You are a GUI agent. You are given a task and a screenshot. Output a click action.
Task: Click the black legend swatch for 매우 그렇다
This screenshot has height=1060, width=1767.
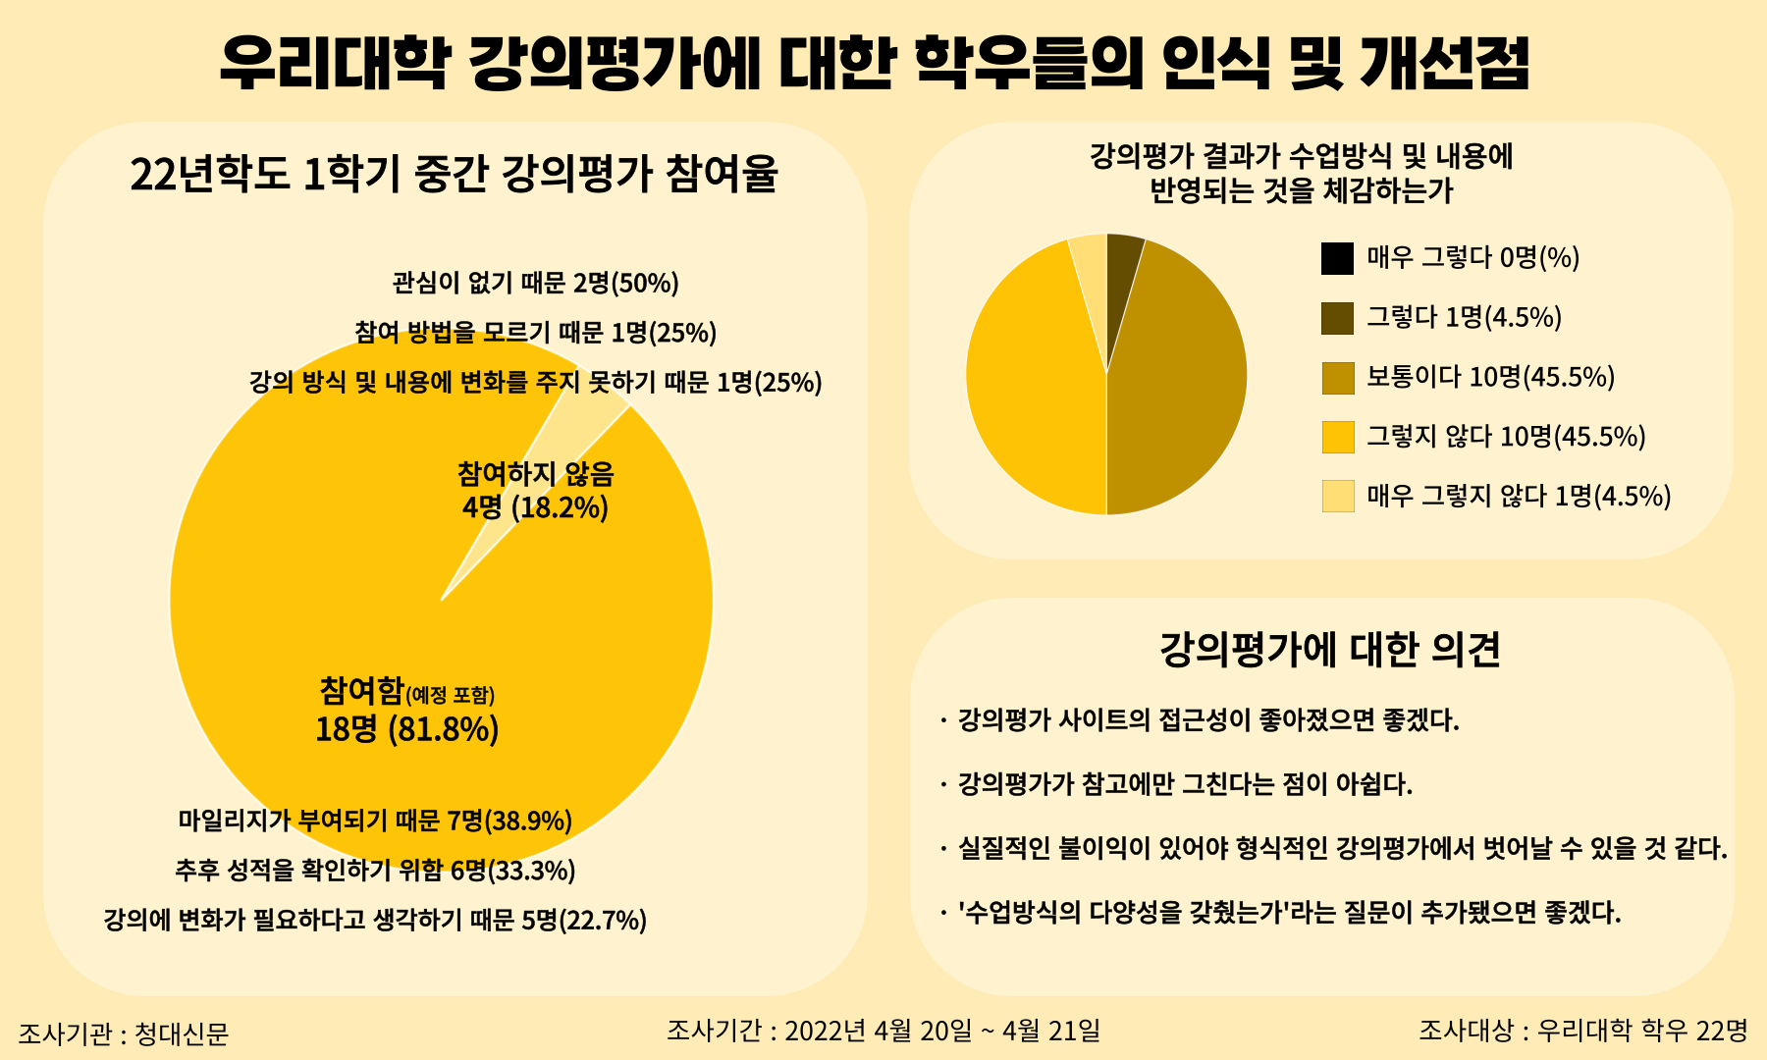coord(1337,259)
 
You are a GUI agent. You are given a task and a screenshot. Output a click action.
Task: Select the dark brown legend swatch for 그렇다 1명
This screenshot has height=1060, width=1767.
coord(1337,318)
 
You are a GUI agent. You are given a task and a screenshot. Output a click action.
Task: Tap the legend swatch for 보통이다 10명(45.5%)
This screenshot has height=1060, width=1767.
coord(1337,378)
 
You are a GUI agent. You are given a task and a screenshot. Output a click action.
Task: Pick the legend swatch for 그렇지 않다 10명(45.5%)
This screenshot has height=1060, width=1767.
coord(1337,437)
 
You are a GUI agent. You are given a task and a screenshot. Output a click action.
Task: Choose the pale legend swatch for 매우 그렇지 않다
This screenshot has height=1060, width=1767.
coord(1337,497)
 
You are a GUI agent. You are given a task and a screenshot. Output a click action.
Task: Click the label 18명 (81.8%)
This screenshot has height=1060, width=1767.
coord(406,730)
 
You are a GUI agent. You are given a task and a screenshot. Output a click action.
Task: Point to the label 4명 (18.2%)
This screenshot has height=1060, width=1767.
coord(535,507)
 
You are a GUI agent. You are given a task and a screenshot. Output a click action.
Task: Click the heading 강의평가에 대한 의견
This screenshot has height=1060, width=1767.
coord(1330,649)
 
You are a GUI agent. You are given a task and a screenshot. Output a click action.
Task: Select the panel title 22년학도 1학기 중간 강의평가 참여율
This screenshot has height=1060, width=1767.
coord(454,175)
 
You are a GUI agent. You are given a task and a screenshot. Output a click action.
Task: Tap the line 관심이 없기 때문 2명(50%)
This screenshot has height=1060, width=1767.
coord(535,284)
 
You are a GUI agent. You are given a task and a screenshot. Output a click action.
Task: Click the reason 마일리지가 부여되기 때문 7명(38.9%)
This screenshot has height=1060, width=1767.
coord(375,821)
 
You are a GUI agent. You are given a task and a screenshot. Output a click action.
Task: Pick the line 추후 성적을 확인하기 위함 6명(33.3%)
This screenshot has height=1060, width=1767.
coord(375,871)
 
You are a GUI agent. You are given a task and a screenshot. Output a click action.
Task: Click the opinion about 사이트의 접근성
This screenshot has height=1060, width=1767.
coord(1207,720)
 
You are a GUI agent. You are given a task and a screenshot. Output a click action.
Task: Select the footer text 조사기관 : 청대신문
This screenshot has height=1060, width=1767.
coord(124,1033)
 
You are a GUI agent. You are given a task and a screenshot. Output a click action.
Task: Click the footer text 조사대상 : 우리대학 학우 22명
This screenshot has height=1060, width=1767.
coord(1582,1031)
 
